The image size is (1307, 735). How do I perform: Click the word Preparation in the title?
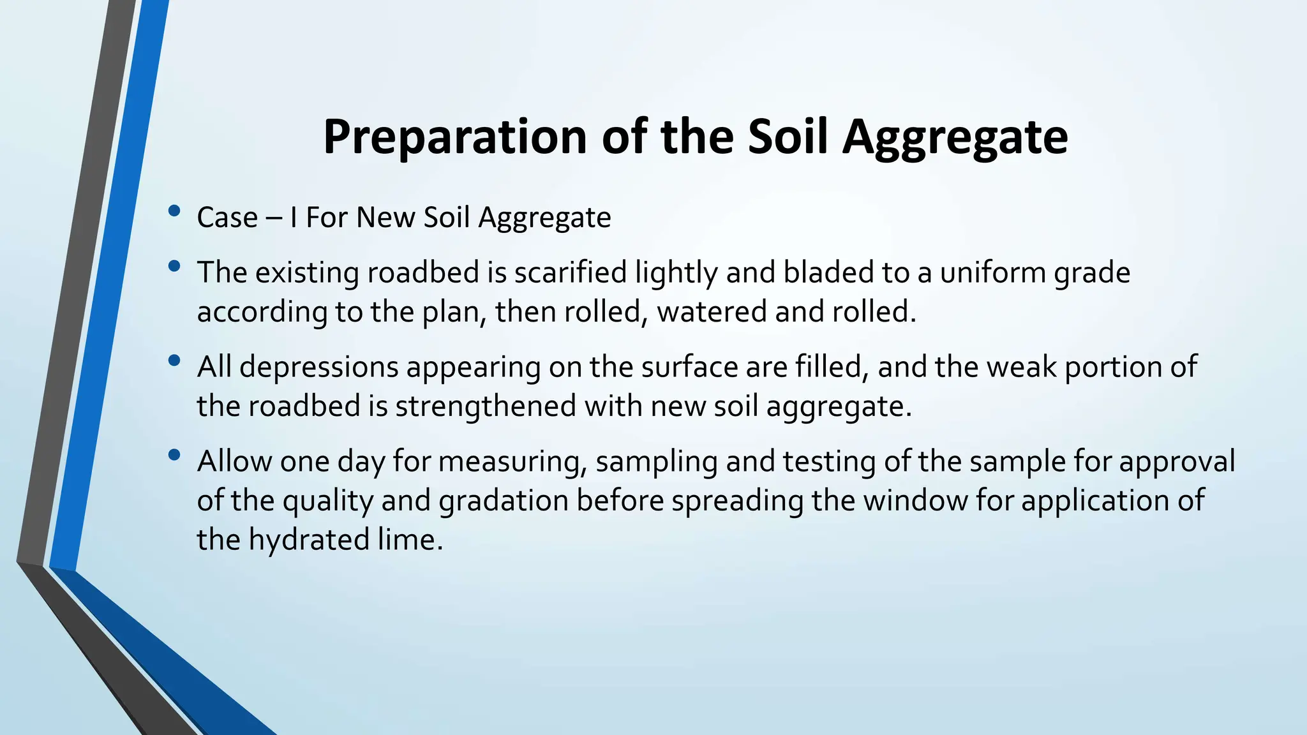(x=454, y=137)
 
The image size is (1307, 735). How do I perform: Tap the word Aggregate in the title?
(x=955, y=137)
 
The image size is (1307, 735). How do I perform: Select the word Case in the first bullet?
(x=227, y=218)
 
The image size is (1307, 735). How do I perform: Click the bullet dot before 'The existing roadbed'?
(x=174, y=267)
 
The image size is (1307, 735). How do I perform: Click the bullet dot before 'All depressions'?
(x=174, y=361)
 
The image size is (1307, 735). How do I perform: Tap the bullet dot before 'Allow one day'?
(x=174, y=456)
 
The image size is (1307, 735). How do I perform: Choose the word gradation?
(x=504, y=500)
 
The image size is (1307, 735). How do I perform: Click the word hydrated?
(x=308, y=540)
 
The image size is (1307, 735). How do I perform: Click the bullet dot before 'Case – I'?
(x=174, y=212)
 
